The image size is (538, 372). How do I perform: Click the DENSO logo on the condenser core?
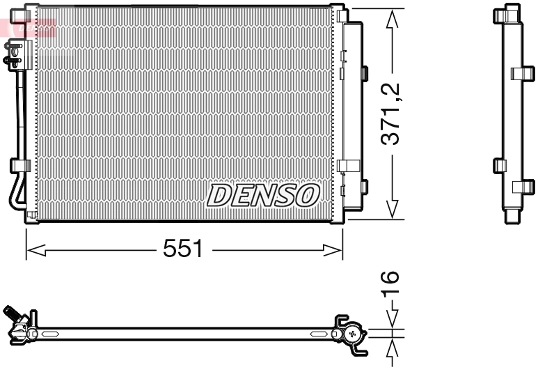click(263, 195)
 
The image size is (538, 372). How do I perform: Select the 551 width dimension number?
click(182, 249)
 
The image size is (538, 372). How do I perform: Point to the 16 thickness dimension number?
click(391, 282)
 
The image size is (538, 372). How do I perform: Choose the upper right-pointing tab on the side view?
click(521, 73)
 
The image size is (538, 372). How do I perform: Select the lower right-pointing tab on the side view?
click(523, 187)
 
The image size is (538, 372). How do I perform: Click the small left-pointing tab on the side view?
click(499, 165)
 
